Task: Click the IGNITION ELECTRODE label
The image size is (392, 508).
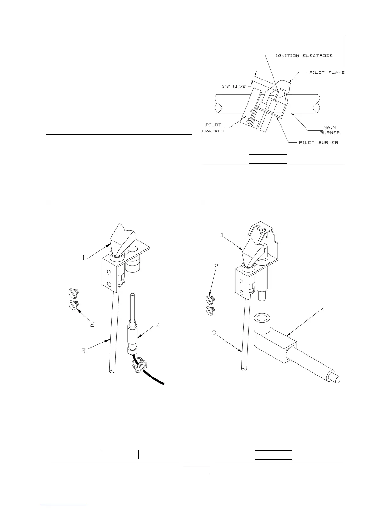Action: pyautogui.click(x=304, y=55)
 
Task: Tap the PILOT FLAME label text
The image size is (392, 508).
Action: pyautogui.click(x=327, y=72)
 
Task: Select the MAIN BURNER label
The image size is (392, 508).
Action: pyautogui.click(x=330, y=130)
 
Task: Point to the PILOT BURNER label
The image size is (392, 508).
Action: pyautogui.click(x=318, y=142)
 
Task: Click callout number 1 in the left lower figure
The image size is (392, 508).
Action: pyautogui.click(x=83, y=258)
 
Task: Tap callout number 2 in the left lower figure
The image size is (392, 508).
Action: pyautogui.click(x=92, y=324)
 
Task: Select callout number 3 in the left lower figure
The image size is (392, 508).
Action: pyautogui.click(x=83, y=351)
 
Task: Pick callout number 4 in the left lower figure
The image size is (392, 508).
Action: pyautogui.click(x=158, y=325)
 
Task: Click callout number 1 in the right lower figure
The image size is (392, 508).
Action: pyautogui.click(x=222, y=235)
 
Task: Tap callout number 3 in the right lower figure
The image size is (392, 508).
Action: pyautogui.click(x=214, y=333)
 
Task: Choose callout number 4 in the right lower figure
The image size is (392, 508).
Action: pyautogui.click(x=323, y=309)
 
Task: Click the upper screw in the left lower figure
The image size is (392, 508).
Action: pyautogui.click(x=74, y=292)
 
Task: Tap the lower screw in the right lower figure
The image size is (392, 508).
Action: pyautogui.click(x=210, y=310)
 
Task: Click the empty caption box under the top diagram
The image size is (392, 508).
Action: pyautogui.click(x=268, y=159)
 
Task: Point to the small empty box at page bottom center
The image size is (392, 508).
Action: pyautogui.click(x=196, y=470)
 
